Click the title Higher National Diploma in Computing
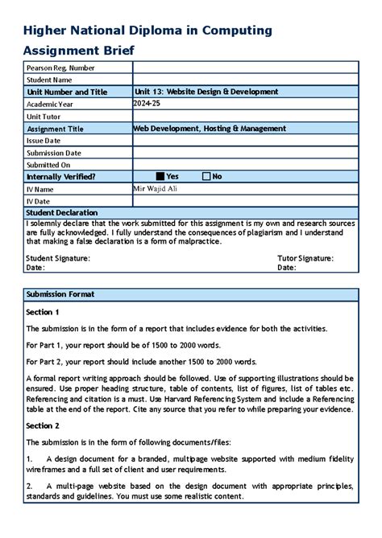(x=147, y=31)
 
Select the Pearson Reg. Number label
(x=60, y=68)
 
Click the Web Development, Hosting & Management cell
(x=210, y=128)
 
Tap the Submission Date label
(x=54, y=152)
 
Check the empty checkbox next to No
(x=206, y=176)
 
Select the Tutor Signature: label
(x=305, y=258)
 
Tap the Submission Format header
(x=60, y=294)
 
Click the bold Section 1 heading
(x=43, y=311)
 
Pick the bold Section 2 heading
(x=43, y=425)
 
